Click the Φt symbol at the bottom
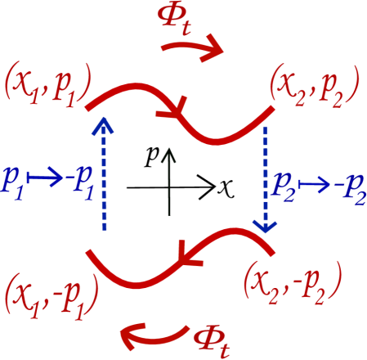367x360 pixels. click(x=212, y=337)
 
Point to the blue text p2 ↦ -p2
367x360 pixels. click(x=319, y=182)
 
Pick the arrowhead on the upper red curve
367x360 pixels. click(x=181, y=114)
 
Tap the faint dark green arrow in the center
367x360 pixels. click(x=168, y=180)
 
